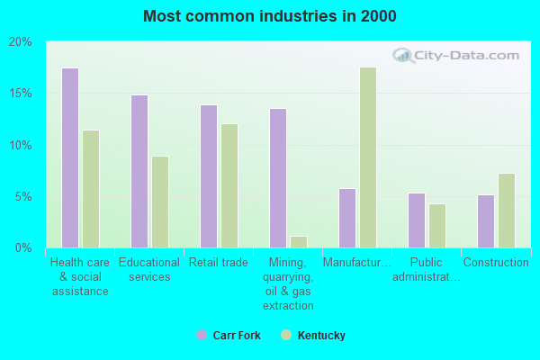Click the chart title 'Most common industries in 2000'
(x=269, y=16)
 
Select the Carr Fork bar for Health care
(x=70, y=157)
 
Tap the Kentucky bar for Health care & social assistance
(x=91, y=189)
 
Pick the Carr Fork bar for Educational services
(x=139, y=171)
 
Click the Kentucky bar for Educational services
(x=160, y=202)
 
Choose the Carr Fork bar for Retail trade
(x=209, y=176)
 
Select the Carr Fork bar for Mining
(x=278, y=178)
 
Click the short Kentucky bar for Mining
(x=299, y=242)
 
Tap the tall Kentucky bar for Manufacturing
(x=368, y=157)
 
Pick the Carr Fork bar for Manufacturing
(x=347, y=218)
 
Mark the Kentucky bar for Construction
(x=507, y=211)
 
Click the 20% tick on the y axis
(x=21, y=42)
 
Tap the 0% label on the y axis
(x=23, y=247)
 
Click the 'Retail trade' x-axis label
(x=219, y=263)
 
